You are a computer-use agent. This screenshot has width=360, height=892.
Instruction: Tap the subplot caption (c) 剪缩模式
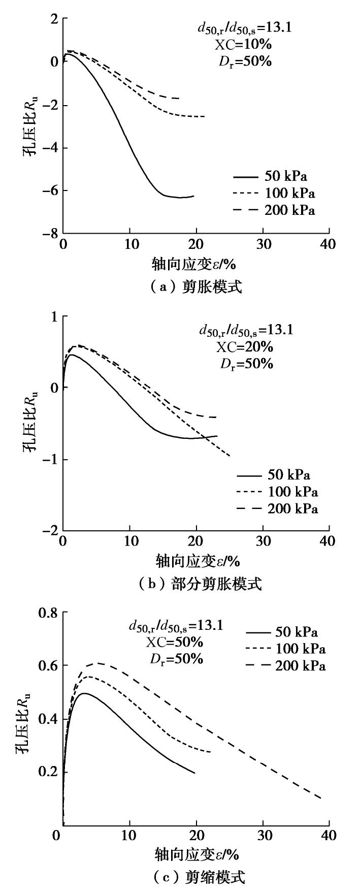pos(194,877)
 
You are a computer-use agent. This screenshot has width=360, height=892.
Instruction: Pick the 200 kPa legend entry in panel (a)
pos(275,210)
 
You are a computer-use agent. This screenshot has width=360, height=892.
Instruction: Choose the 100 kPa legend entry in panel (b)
pos(277,492)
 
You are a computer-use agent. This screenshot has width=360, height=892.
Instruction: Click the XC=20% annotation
pos(245,347)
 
